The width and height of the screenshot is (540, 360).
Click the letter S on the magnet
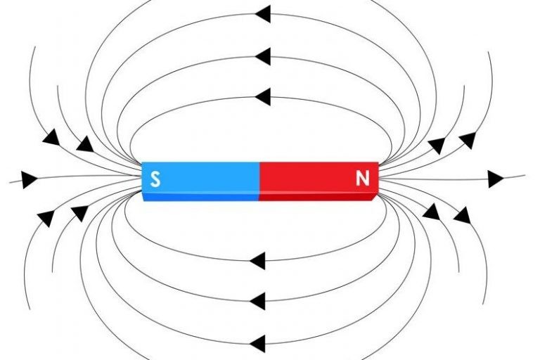click(x=155, y=179)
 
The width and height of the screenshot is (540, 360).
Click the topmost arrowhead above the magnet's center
click(x=263, y=13)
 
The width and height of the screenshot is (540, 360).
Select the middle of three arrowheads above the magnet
click(x=263, y=56)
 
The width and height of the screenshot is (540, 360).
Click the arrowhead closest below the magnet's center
click(x=257, y=261)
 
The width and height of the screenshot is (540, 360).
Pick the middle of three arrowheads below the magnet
click(x=257, y=302)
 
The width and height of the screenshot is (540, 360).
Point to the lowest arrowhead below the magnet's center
click(x=257, y=343)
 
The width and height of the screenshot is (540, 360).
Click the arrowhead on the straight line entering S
click(x=29, y=179)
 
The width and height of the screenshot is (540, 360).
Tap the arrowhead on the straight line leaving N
click(x=496, y=179)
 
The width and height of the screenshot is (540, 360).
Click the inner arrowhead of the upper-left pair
click(x=84, y=144)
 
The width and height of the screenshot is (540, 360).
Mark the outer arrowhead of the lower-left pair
click(x=46, y=217)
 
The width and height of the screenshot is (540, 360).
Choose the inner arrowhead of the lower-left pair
click(x=79, y=212)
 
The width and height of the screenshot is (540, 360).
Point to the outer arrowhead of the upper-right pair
click(x=467, y=141)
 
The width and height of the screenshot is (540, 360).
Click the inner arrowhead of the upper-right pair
click(x=437, y=146)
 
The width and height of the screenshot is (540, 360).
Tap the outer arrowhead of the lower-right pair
click(x=461, y=214)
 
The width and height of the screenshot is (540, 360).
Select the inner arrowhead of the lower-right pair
click(x=431, y=211)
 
